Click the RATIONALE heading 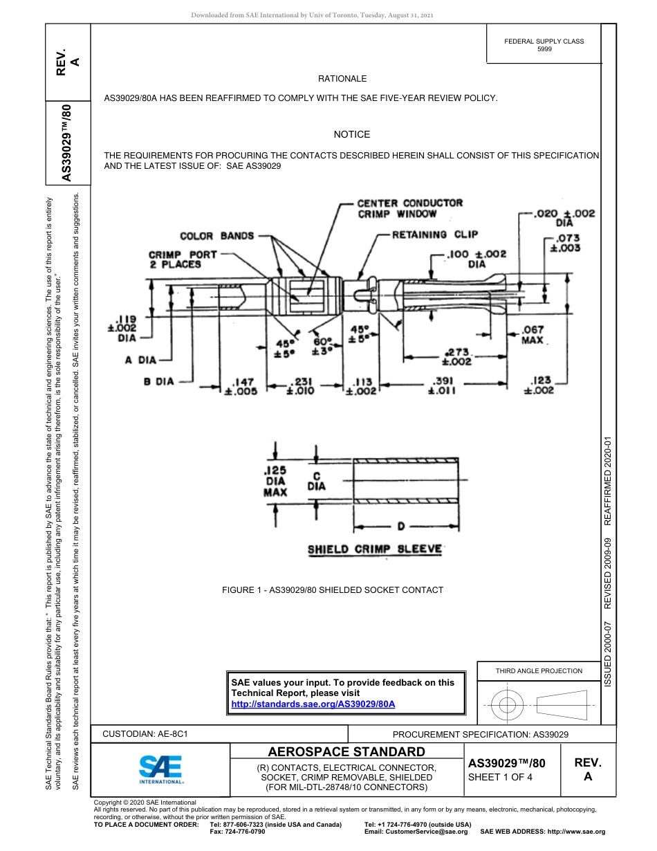click(x=342, y=79)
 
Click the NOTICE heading click(x=352, y=134)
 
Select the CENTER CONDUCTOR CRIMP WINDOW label click(x=409, y=208)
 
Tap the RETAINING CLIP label click(x=434, y=235)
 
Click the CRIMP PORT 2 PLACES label click(x=182, y=259)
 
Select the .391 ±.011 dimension click(x=442, y=385)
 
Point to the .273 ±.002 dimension click(x=456, y=356)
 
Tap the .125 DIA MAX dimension click(x=275, y=481)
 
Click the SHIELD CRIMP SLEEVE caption click(x=375, y=549)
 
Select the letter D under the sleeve click(x=400, y=528)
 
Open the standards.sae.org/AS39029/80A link click(x=313, y=704)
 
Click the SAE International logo click(x=160, y=769)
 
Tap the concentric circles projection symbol click(x=508, y=706)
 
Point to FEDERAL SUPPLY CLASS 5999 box click(x=544, y=45)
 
